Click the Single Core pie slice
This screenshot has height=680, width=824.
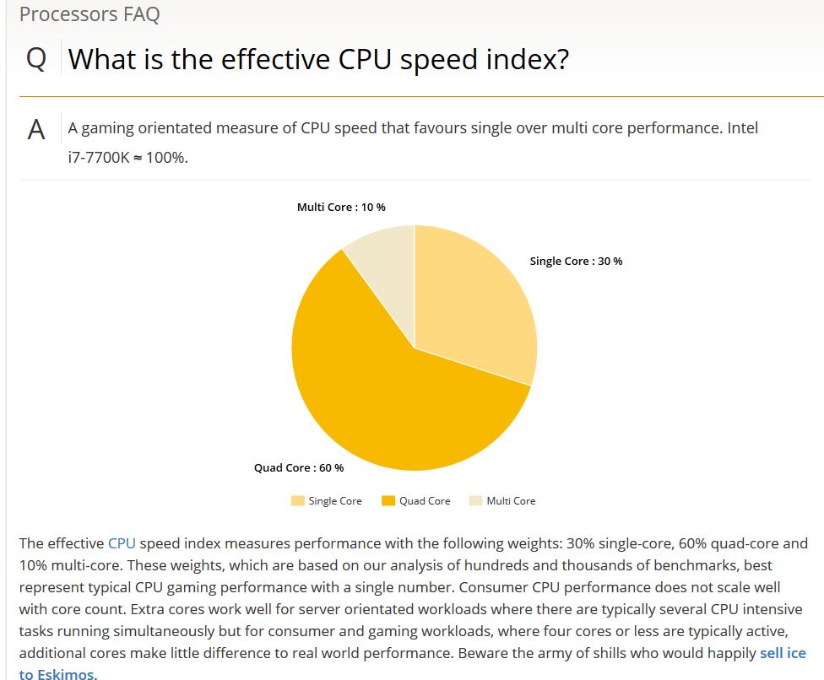473,304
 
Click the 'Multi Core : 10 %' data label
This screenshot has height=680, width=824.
341,208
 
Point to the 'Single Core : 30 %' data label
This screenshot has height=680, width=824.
576,261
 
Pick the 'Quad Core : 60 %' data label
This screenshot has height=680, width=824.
299,467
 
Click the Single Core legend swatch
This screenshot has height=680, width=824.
297,500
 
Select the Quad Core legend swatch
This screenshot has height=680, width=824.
388,500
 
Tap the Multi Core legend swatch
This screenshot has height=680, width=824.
475,500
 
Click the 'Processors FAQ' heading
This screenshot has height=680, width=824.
89,14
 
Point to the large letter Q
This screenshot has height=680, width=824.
36,60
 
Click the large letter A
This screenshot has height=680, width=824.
36,130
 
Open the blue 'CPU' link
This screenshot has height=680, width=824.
122,543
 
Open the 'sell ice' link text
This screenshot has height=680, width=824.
783,653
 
